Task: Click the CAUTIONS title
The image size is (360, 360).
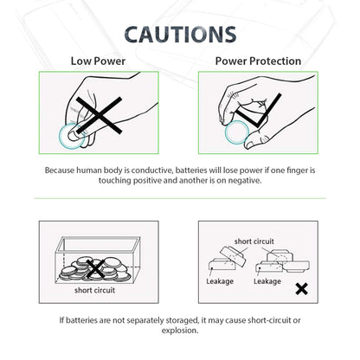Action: (x=179, y=34)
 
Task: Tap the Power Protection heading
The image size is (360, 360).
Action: (x=258, y=61)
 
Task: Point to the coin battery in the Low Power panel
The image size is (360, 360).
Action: (x=70, y=134)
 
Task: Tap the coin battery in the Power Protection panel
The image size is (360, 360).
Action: (x=235, y=134)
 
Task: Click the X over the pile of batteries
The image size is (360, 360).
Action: (x=96, y=268)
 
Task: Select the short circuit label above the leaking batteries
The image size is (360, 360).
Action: (x=254, y=241)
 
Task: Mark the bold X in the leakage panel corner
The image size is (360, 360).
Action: (x=301, y=289)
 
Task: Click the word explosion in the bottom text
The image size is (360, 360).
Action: (x=180, y=331)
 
